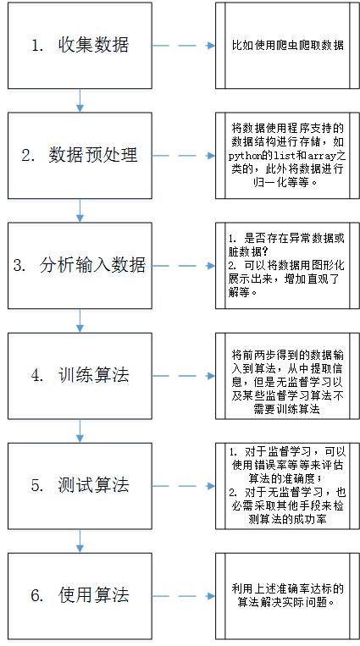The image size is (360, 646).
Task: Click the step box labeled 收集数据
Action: [80, 46]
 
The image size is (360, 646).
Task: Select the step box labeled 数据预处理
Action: [80, 156]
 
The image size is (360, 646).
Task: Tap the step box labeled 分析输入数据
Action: [80, 266]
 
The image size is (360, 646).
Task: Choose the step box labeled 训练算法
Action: [80, 376]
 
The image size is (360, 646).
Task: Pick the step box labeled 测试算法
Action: [80, 486]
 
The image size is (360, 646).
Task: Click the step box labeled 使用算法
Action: [80, 596]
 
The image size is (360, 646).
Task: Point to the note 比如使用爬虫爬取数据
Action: [287, 46]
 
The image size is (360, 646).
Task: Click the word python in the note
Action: [244, 156]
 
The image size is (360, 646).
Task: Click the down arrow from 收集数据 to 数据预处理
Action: [80, 101]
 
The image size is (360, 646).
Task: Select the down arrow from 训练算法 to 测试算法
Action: [80, 431]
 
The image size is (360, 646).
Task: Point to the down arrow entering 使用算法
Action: [80, 541]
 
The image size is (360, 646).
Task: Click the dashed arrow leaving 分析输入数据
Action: [184, 266]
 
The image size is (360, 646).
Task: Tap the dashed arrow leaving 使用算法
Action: [184, 596]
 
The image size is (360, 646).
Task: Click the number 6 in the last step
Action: [36, 595]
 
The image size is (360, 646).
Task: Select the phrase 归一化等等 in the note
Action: [282, 183]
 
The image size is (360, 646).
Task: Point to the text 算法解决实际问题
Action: [281, 603]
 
